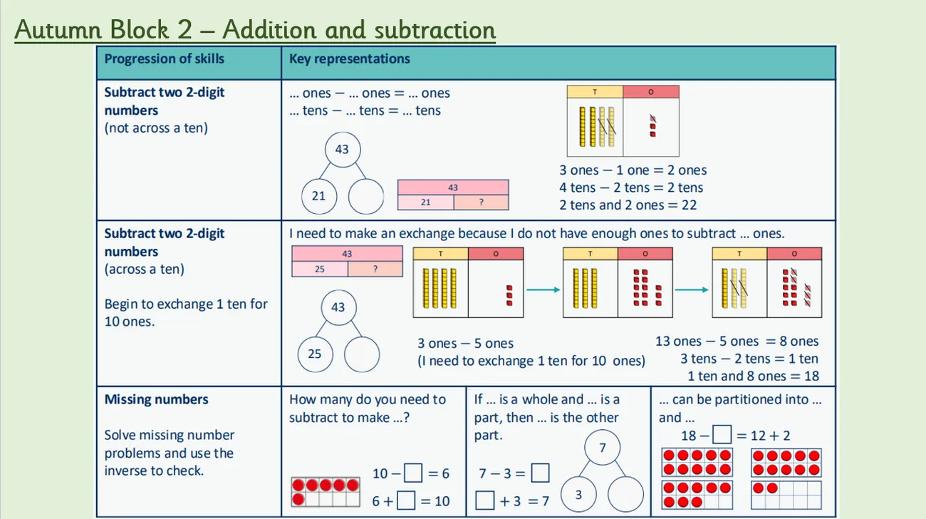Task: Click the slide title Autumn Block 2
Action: (254, 30)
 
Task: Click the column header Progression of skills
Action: (164, 59)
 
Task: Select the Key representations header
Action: (349, 59)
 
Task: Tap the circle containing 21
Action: (318, 195)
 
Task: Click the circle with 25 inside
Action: (315, 354)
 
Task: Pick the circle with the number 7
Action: (602, 448)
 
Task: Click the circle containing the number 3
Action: (578, 494)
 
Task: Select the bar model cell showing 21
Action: (425, 202)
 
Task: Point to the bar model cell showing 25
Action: (320, 269)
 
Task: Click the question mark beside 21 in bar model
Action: (481, 202)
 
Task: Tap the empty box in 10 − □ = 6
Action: (412, 473)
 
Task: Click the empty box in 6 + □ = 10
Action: (406, 500)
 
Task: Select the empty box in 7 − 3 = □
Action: (540, 473)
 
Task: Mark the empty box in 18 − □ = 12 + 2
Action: (722, 434)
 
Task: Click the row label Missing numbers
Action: (156, 400)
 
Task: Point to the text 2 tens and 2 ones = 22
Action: (628, 205)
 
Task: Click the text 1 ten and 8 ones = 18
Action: (753, 376)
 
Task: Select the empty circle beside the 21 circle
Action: (365, 195)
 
